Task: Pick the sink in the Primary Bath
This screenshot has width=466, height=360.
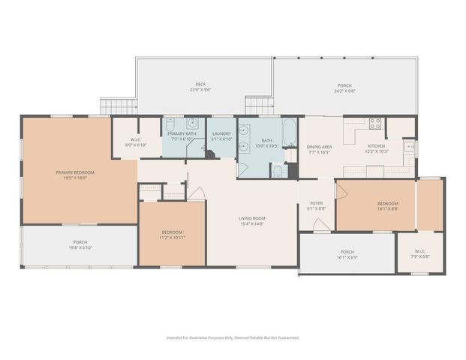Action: (194, 124)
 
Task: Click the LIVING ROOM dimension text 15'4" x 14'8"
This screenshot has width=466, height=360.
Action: (252, 223)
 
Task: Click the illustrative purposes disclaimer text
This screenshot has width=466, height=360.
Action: (233, 337)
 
